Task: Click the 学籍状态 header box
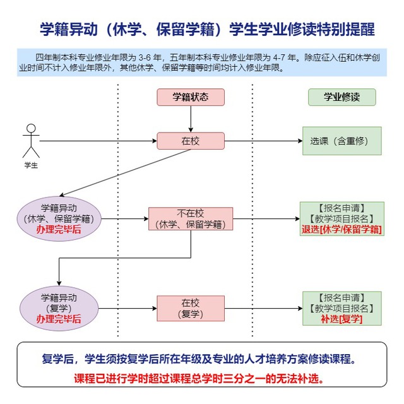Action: coord(191,97)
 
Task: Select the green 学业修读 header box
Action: coord(342,97)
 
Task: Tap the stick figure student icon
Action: coord(31,141)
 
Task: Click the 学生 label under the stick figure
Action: coord(31,165)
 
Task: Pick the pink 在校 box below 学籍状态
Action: coord(191,141)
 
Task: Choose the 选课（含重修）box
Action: coord(342,141)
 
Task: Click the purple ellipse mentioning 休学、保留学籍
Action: coord(59,219)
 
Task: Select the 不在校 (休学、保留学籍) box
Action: coord(191,219)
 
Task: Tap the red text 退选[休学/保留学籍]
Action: coord(342,229)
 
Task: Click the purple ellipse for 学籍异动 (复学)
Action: coord(59,309)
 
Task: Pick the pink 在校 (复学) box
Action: coord(191,309)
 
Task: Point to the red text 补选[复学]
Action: coord(342,319)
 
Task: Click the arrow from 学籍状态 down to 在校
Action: coord(191,119)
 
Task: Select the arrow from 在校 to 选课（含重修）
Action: coord(264,141)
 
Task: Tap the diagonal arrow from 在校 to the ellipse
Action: coord(125,172)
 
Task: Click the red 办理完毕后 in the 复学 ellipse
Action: coord(59,319)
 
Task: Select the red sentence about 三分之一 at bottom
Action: coord(199,379)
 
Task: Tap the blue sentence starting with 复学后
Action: coord(199,359)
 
